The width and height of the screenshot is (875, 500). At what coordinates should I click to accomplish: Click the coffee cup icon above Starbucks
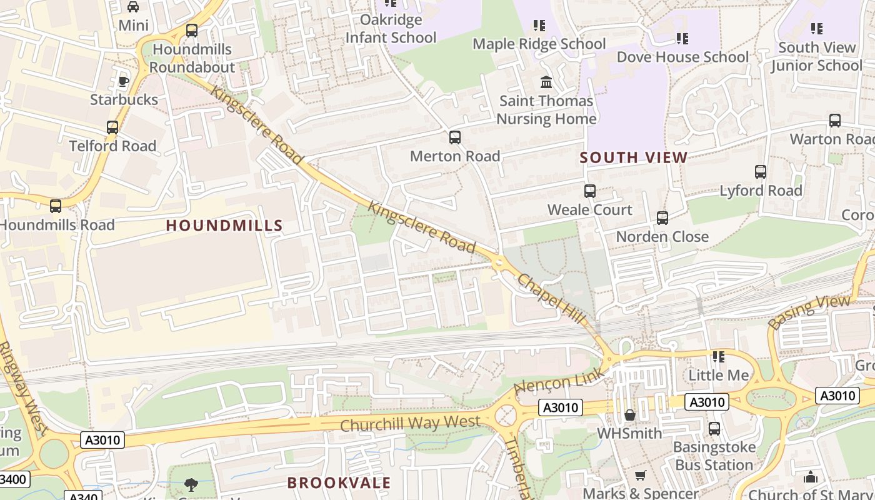pyautogui.click(x=124, y=81)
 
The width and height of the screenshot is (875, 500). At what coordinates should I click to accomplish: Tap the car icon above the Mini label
pyautogui.click(x=133, y=7)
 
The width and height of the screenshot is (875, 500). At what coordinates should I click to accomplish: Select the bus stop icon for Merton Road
pyautogui.click(x=455, y=137)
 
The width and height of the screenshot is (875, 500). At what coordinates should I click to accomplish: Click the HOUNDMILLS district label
pyautogui.click(x=224, y=226)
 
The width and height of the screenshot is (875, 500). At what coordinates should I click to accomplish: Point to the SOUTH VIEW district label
pyautogui.click(x=634, y=157)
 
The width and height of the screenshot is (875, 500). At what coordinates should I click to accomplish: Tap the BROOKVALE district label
pyautogui.click(x=339, y=482)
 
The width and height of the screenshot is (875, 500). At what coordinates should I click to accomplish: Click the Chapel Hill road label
pyautogui.click(x=550, y=291)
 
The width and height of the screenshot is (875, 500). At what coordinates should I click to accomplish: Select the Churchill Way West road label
pyautogui.click(x=410, y=423)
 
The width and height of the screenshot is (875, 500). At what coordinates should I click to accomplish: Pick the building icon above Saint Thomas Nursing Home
pyautogui.click(x=546, y=82)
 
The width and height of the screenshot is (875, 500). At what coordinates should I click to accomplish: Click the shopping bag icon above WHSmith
pyautogui.click(x=630, y=415)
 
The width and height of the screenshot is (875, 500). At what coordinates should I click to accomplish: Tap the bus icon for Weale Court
pyautogui.click(x=589, y=191)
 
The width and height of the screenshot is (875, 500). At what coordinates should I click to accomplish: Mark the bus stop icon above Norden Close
pyautogui.click(x=662, y=218)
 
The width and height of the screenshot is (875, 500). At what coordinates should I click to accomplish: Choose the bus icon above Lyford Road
pyautogui.click(x=761, y=172)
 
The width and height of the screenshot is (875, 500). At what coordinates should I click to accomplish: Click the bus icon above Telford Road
pyautogui.click(x=112, y=127)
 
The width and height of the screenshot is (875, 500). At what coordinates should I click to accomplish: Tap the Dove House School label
pyautogui.click(x=682, y=57)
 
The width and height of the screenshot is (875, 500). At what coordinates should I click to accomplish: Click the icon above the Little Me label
pyautogui.click(x=719, y=357)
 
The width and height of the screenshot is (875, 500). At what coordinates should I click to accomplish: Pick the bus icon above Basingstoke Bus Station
pyautogui.click(x=714, y=429)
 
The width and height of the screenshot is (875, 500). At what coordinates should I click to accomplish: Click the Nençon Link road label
pyautogui.click(x=559, y=381)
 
